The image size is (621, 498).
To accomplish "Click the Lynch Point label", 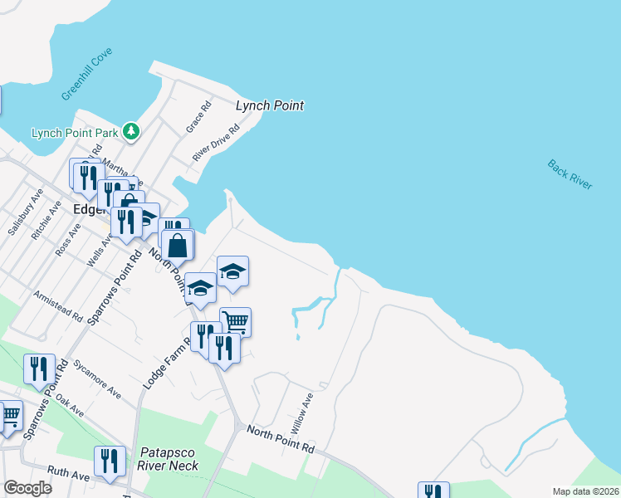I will coord(270,105).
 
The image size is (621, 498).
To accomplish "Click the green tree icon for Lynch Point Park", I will coord(130,131).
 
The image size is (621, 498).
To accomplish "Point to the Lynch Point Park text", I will coord(74,133).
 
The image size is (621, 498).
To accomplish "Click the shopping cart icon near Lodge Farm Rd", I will coord(236,320).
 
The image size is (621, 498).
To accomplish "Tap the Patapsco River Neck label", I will coord(169,458).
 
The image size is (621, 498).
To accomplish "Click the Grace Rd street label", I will coord(200,115).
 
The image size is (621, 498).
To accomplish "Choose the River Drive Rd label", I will coord(216,143).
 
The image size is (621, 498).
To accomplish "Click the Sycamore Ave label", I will coord(97,378).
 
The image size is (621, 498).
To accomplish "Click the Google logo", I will coord(28,488).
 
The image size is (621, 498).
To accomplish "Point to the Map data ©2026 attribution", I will coord(585,491).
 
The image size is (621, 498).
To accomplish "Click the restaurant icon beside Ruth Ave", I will coord(109,461).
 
